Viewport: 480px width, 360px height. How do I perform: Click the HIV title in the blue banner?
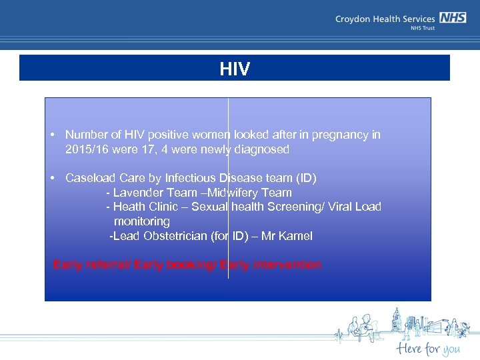235,69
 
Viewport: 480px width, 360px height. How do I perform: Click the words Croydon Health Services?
385,19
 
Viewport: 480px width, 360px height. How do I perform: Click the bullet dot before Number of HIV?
52,135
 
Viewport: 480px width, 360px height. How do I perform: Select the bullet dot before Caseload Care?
52,178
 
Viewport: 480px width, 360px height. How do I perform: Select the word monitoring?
141,221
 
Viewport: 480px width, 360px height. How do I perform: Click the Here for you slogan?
427,348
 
